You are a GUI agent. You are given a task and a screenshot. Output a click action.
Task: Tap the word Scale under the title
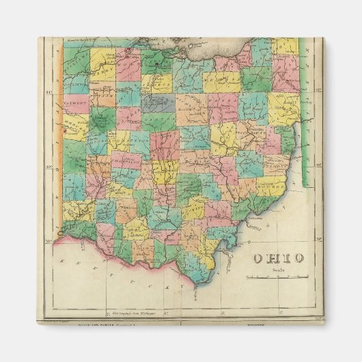click(x=276, y=268)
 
